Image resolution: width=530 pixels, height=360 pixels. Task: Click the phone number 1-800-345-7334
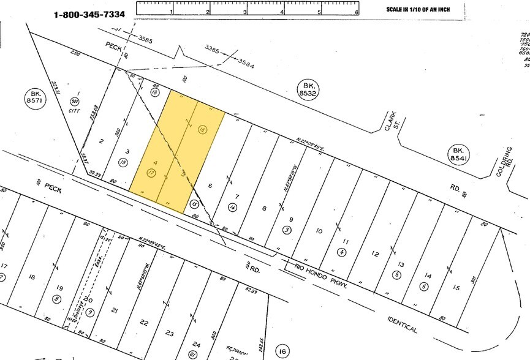click(93, 13)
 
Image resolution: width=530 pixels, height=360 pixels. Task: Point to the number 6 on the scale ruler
click(357, 12)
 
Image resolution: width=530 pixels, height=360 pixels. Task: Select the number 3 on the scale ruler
click(245, 12)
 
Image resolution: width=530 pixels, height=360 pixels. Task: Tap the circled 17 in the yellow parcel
click(150, 174)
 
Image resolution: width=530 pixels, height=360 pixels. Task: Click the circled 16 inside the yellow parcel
click(203, 129)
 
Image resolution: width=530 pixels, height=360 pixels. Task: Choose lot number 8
click(265, 208)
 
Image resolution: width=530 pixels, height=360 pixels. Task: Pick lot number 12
click(376, 254)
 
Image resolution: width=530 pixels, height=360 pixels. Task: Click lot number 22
click(144, 322)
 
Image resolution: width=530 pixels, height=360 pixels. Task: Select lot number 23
click(169, 333)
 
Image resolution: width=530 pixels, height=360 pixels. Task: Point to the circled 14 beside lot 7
click(233, 208)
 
